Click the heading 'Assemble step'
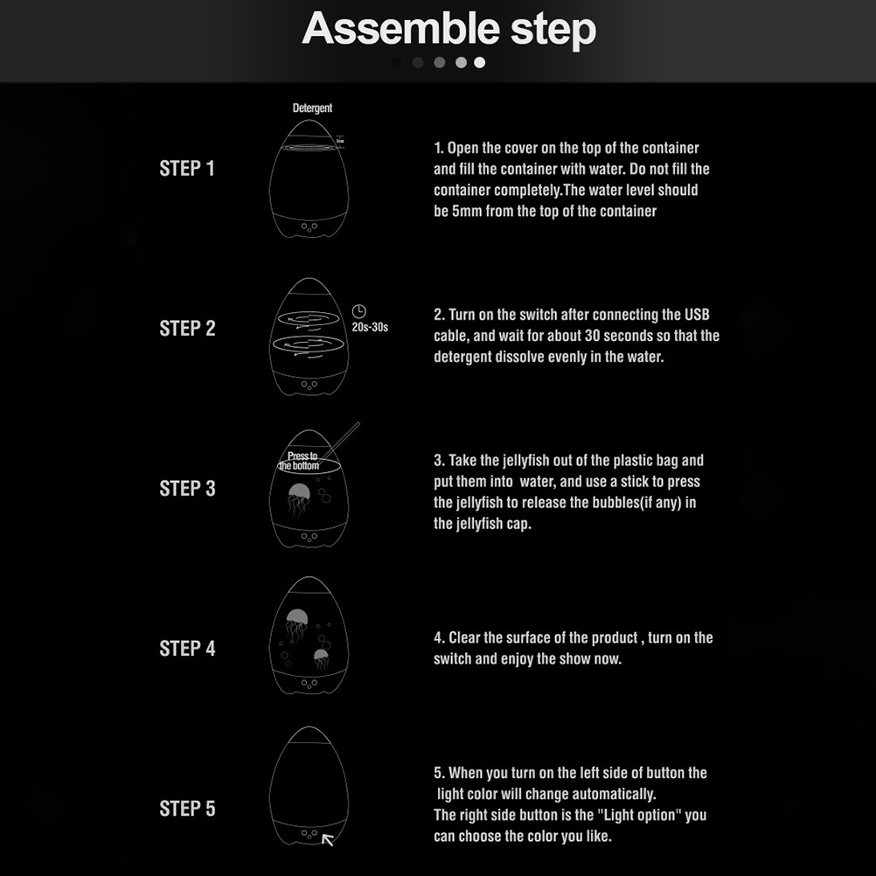coord(449,29)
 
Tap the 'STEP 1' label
coord(187,168)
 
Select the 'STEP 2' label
coord(187,328)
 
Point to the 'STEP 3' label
coord(187,489)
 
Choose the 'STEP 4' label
coord(187,648)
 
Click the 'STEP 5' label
coord(187,809)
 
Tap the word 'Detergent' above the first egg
coord(312,108)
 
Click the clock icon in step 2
coord(358,311)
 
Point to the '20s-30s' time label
coord(370,327)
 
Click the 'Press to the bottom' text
coord(300,461)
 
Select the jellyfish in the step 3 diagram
coord(299,498)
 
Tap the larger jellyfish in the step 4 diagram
coord(296,624)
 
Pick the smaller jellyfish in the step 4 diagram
coord(321,659)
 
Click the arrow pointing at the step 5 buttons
coord(328,839)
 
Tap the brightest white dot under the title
coord(479,63)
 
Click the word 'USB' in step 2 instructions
coord(697,315)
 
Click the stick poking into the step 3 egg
coord(340,441)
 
